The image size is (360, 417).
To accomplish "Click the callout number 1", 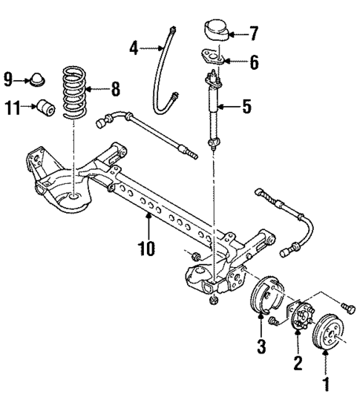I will tap(324, 385).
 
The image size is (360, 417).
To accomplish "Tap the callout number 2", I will tap(297, 363).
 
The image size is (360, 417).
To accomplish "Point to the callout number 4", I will tap(134, 49).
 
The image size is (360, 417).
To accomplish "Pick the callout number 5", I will tap(246, 108).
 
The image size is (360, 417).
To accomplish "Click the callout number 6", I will tap(254, 63).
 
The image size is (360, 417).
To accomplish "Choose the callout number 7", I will tap(254, 33).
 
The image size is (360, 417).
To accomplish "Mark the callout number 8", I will tap(115, 91).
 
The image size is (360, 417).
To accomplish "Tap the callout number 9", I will tap(9, 76).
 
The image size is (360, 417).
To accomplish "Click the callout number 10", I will tap(146, 248).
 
